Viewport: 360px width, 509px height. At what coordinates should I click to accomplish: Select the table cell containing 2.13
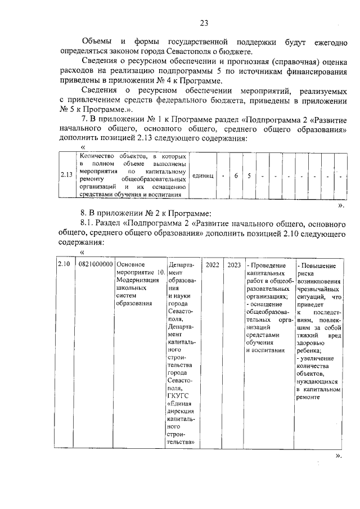(67, 175)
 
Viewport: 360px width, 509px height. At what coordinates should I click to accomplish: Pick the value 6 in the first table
(236, 175)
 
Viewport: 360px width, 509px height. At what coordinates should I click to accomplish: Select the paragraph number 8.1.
(89, 223)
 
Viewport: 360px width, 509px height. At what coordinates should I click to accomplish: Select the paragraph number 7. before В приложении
(85, 120)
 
